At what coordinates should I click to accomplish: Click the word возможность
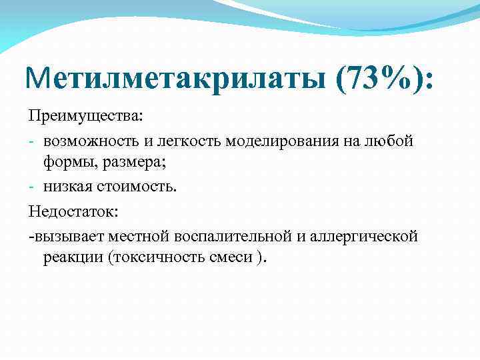[87, 141]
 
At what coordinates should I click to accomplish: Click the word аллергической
[364, 235]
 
